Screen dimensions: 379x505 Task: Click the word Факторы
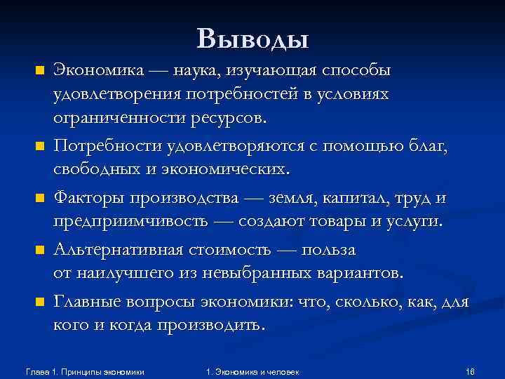point(88,199)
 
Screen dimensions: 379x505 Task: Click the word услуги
point(415,222)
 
